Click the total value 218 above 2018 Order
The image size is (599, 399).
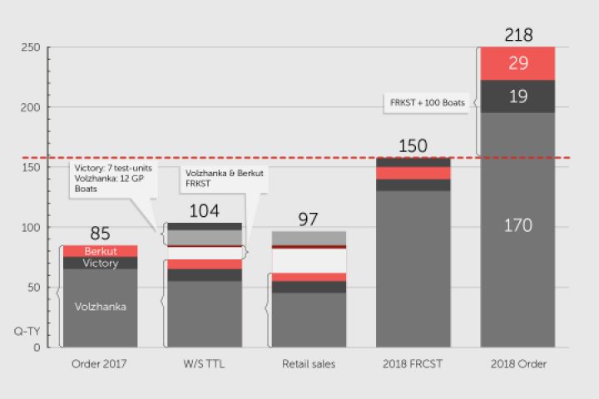(x=518, y=35)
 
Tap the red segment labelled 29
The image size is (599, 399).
(x=518, y=63)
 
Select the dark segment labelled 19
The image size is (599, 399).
(x=518, y=96)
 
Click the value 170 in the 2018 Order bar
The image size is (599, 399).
(x=518, y=225)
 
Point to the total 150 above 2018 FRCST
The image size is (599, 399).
(x=413, y=146)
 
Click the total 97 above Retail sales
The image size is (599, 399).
(x=309, y=219)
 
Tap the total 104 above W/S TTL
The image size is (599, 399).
(x=204, y=211)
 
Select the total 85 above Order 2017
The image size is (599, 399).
(x=100, y=234)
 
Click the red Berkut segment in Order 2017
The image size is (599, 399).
(x=100, y=251)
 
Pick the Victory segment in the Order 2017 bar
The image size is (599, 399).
(x=100, y=264)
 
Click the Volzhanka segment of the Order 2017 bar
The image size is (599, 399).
(x=100, y=307)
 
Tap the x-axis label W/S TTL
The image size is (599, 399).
(x=204, y=364)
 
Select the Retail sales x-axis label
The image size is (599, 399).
(x=309, y=364)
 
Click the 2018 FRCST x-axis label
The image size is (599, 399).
(x=413, y=364)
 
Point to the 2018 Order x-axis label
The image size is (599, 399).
(x=518, y=364)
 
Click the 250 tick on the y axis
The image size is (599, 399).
(x=31, y=48)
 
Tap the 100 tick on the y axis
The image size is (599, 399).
(x=31, y=228)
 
